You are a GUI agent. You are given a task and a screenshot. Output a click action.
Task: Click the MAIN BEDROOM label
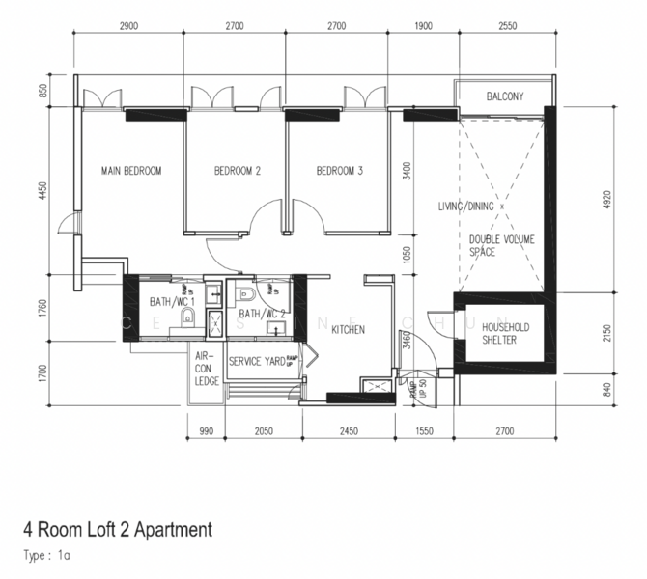pyautogui.click(x=131, y=171)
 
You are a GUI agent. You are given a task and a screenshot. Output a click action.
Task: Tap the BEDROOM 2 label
pyautogui.click(x=238, y=171)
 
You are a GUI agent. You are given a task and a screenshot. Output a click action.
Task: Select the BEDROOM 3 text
pyautogui.click(x=340, y=171)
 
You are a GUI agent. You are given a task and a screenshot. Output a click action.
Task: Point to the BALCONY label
pyautogui.click(x=505, y=96)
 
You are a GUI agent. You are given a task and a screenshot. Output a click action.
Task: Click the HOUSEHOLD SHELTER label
pyautogui.click(x=499, y=334)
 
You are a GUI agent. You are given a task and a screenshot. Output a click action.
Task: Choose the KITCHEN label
pyautogui.click(x=347, y=329)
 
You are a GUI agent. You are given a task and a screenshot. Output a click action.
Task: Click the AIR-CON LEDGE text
pyautogui.click(x=206, y=368)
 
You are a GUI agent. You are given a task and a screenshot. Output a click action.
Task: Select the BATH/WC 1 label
pyautogui.click(x=173, y=302)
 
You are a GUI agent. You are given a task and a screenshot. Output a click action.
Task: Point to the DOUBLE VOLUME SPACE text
pyautogui.click(x=502, y=245)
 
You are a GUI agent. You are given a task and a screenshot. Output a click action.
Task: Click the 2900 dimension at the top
pyautogui.click(x=128, y=27)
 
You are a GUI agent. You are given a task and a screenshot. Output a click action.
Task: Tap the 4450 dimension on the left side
pyautogui.click(x=42, y=189)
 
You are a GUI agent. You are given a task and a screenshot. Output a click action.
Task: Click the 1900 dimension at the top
pyautogui.click(x=423, y=27)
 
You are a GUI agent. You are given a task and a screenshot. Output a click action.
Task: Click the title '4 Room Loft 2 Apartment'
pyautogui.click(x=117, y=529)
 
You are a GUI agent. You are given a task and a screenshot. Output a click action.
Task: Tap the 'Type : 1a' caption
pyautogui.click(x=46, y=555)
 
